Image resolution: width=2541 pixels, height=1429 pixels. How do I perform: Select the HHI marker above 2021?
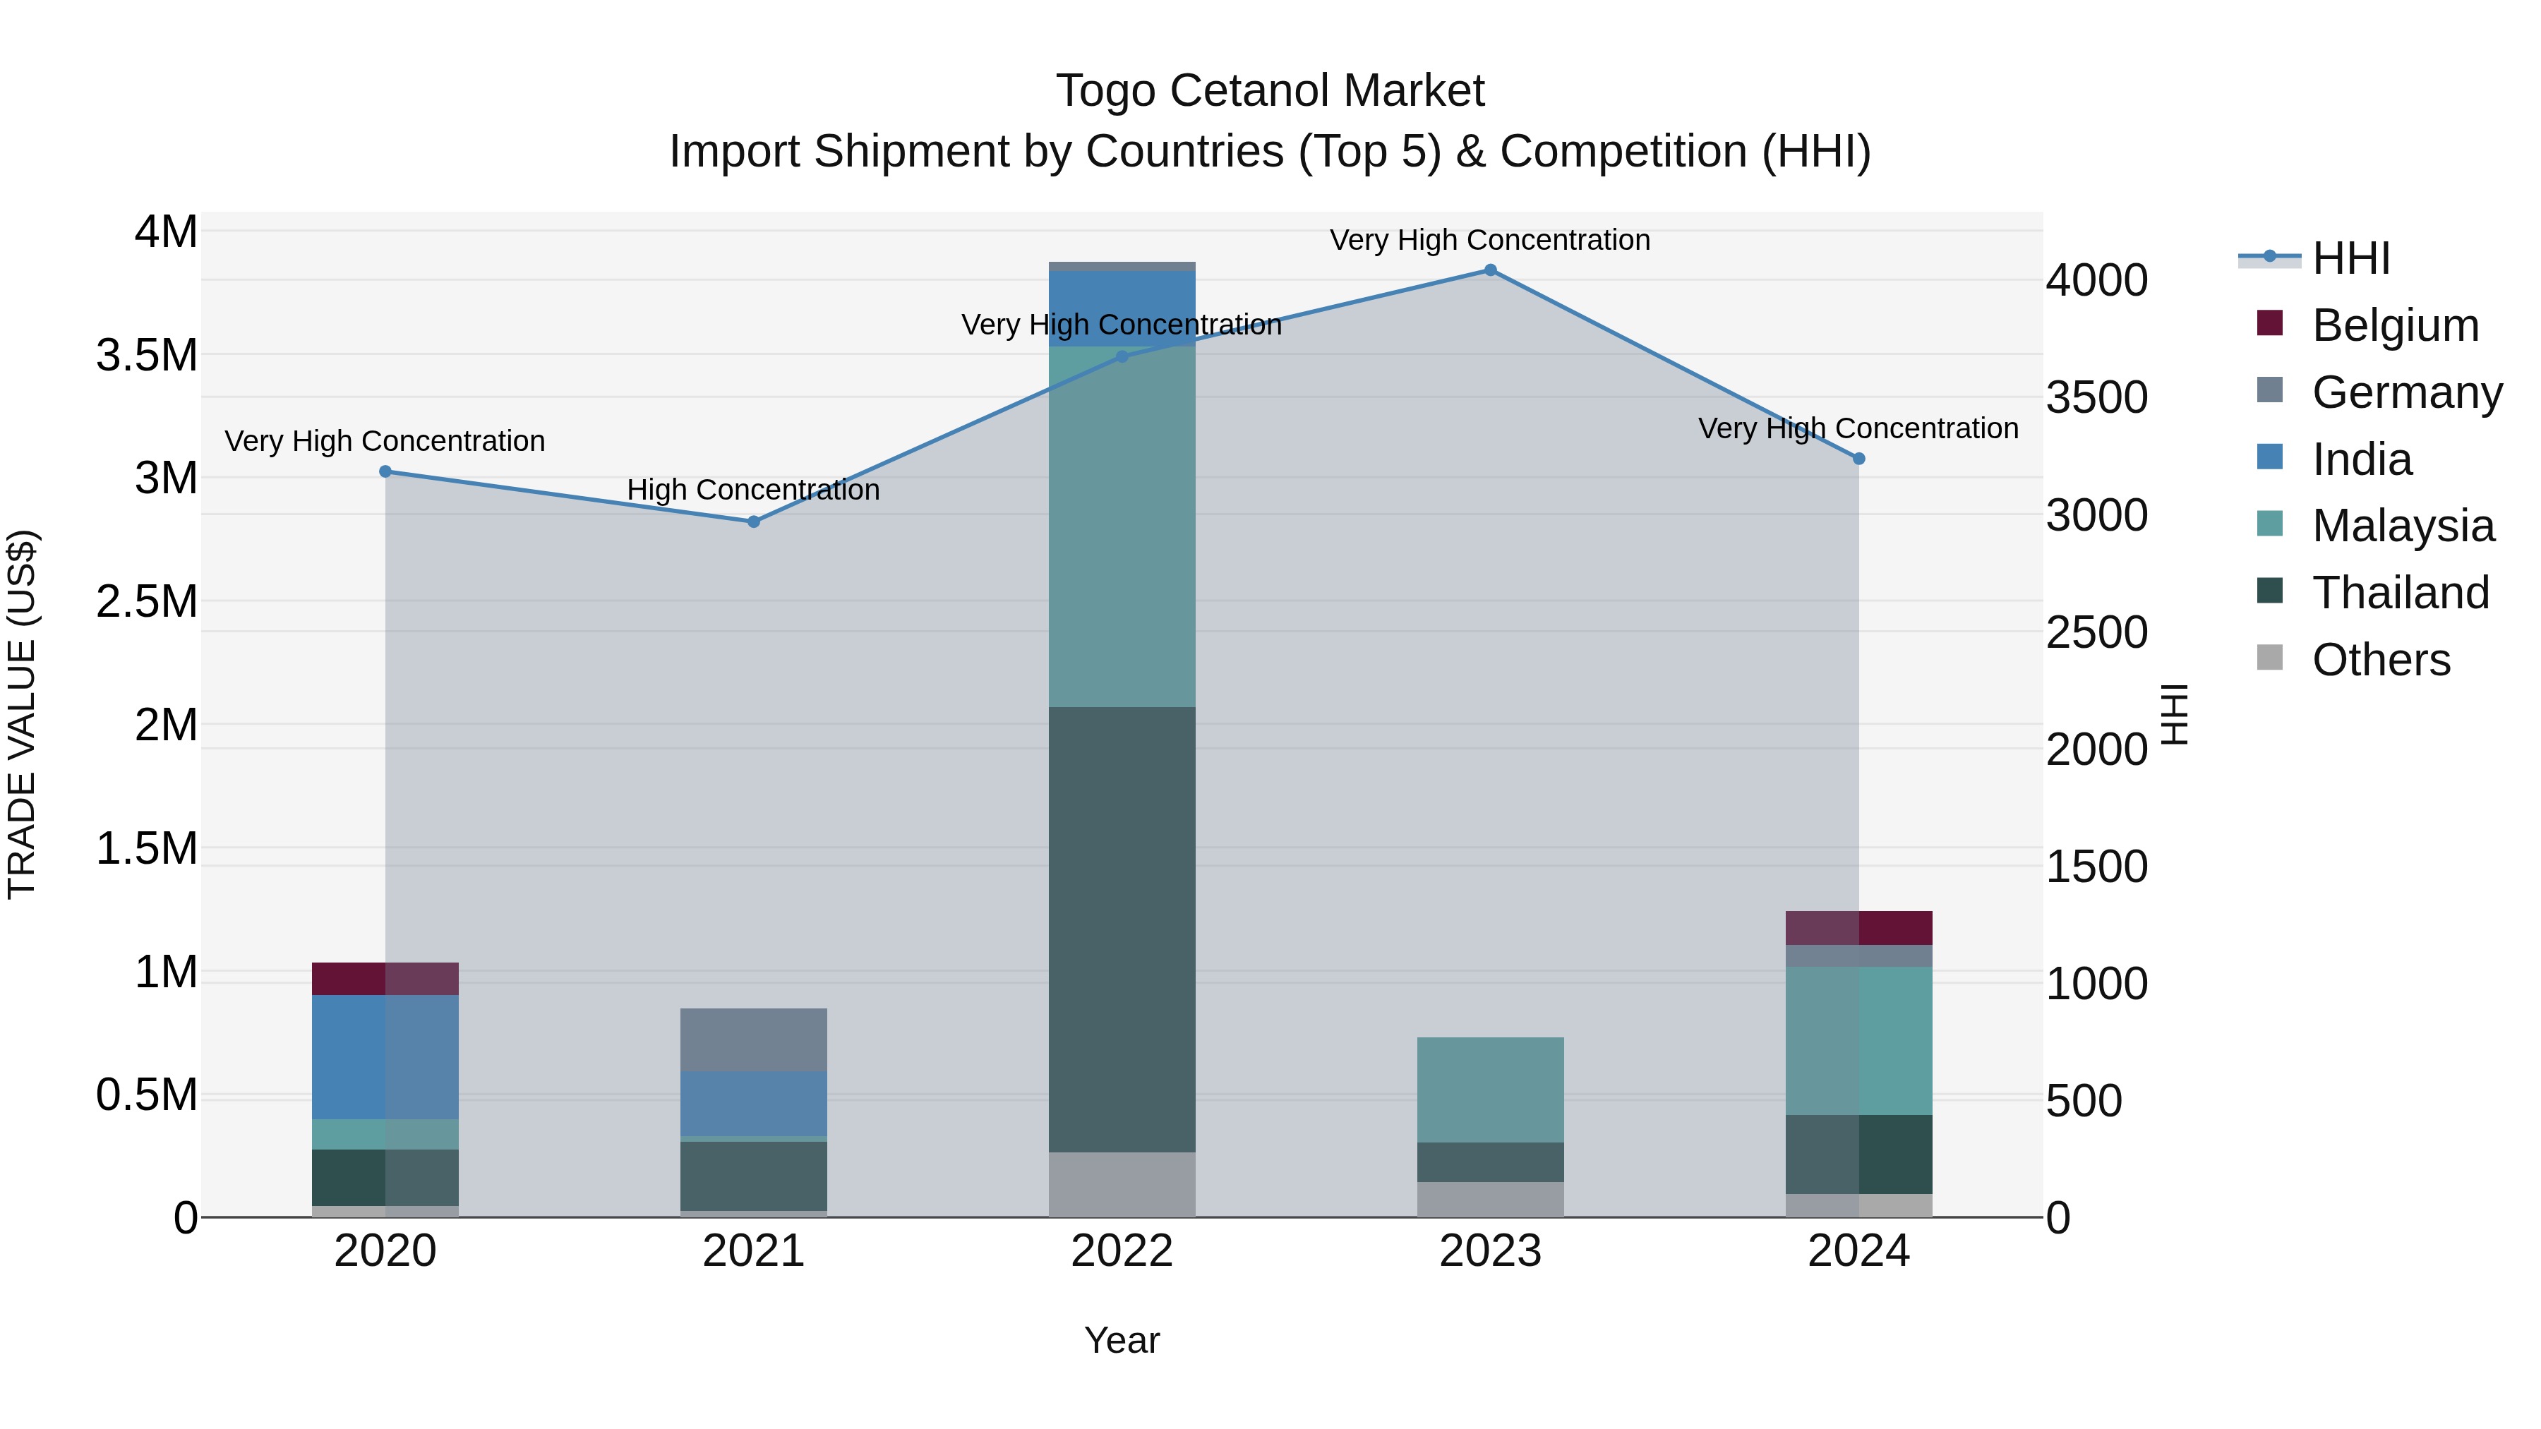coord(754,521)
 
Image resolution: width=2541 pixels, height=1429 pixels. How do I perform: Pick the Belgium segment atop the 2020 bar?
coord(385,978)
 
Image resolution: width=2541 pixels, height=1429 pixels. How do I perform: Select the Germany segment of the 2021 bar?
coord(754,1039)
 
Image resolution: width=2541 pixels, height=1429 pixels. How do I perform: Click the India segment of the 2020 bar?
coord(385,1056)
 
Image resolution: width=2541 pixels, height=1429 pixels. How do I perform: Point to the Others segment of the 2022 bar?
coord(1122,1184)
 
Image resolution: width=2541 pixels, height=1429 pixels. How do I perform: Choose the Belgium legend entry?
coord(2394,325)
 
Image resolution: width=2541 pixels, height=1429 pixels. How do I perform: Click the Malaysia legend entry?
coord(2402,526)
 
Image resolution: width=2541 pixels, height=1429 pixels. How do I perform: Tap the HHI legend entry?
coord(2350,258)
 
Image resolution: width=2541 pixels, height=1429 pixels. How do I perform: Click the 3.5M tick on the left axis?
coord(147,355)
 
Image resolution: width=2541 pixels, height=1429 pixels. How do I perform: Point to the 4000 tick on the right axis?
coord(2096,281)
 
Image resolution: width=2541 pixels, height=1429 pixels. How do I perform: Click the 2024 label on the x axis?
coord(1858,1251)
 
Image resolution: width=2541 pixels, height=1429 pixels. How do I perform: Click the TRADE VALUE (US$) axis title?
coord(22,714)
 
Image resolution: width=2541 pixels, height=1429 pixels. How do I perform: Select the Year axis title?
coord(1122,1340)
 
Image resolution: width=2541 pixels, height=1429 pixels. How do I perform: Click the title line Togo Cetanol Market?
coord(1270,91)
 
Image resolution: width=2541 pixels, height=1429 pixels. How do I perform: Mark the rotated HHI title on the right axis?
coord(2174,714)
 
